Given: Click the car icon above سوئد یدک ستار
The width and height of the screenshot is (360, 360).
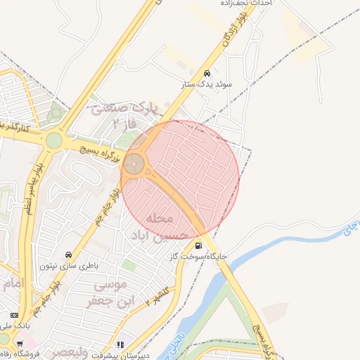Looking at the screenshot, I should [x=206, y=73].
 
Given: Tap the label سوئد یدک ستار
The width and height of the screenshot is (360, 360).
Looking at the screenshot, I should [x=206, y=84].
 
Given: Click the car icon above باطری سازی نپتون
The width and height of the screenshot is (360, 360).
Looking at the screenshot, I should [x=68, y=254].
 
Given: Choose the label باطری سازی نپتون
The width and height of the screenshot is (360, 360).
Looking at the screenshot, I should [x=69, y=266].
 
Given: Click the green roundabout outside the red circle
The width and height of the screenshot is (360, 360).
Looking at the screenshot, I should [x=54, y=140].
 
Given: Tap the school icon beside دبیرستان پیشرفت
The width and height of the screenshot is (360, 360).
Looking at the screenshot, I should [x=121, y=345].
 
